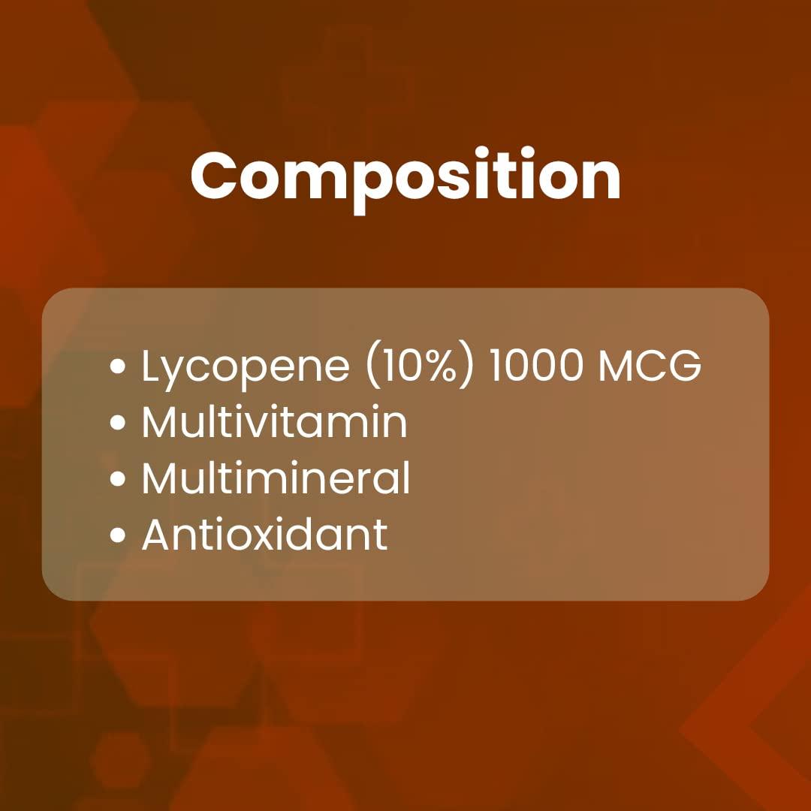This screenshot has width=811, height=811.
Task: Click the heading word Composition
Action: tap(405, 176)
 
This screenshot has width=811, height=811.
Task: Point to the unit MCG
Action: tap(649, 366)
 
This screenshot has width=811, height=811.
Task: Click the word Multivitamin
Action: tap(274, 422)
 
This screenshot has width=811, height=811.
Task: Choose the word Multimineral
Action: tap(276, 478)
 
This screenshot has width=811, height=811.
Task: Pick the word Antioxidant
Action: tap(264, 535)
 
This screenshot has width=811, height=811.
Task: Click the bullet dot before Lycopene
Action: tap(117, 367)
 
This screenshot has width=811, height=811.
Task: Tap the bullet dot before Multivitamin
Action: tap(117, 424)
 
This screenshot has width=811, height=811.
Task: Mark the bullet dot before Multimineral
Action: tap(117, 480)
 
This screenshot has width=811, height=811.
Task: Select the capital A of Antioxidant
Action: tap(158, 535)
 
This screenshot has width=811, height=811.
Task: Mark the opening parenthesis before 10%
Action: tap(373, 367)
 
